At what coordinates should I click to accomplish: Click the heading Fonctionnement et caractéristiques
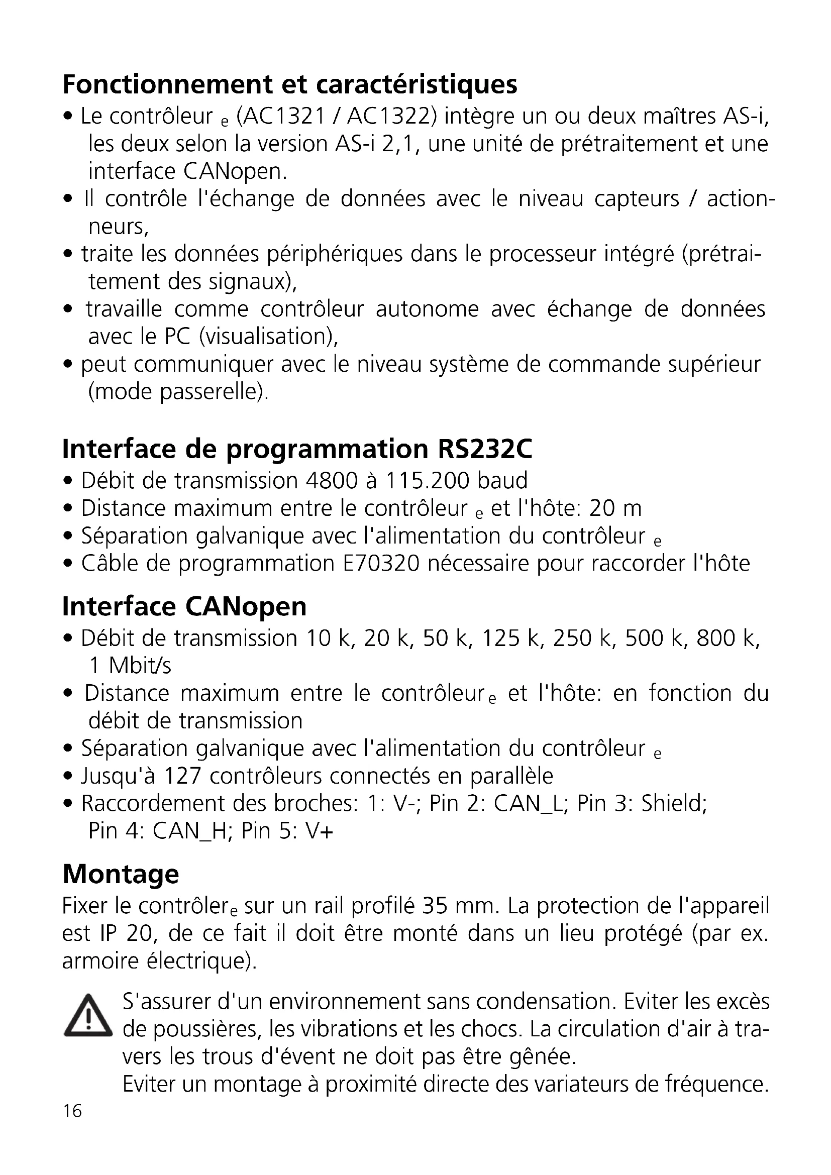click(x=289, y=85)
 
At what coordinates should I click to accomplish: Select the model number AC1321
click(x=284, y=117)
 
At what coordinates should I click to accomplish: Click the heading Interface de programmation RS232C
click(x=297, y=449)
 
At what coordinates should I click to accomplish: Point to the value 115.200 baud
click(x=455, y=481)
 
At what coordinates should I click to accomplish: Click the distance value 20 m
click(x=615, y=508)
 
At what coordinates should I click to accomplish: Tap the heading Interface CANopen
click(x=184, y=606)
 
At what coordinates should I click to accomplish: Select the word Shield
click(x=674, y=803)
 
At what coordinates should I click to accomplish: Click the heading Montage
click(x=121, y=874)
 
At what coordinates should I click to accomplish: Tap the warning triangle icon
click(x=87, y=1016)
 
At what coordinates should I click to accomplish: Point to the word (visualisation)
click(x=268, y=337)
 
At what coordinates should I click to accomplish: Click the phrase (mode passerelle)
click(x=178, y=392)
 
